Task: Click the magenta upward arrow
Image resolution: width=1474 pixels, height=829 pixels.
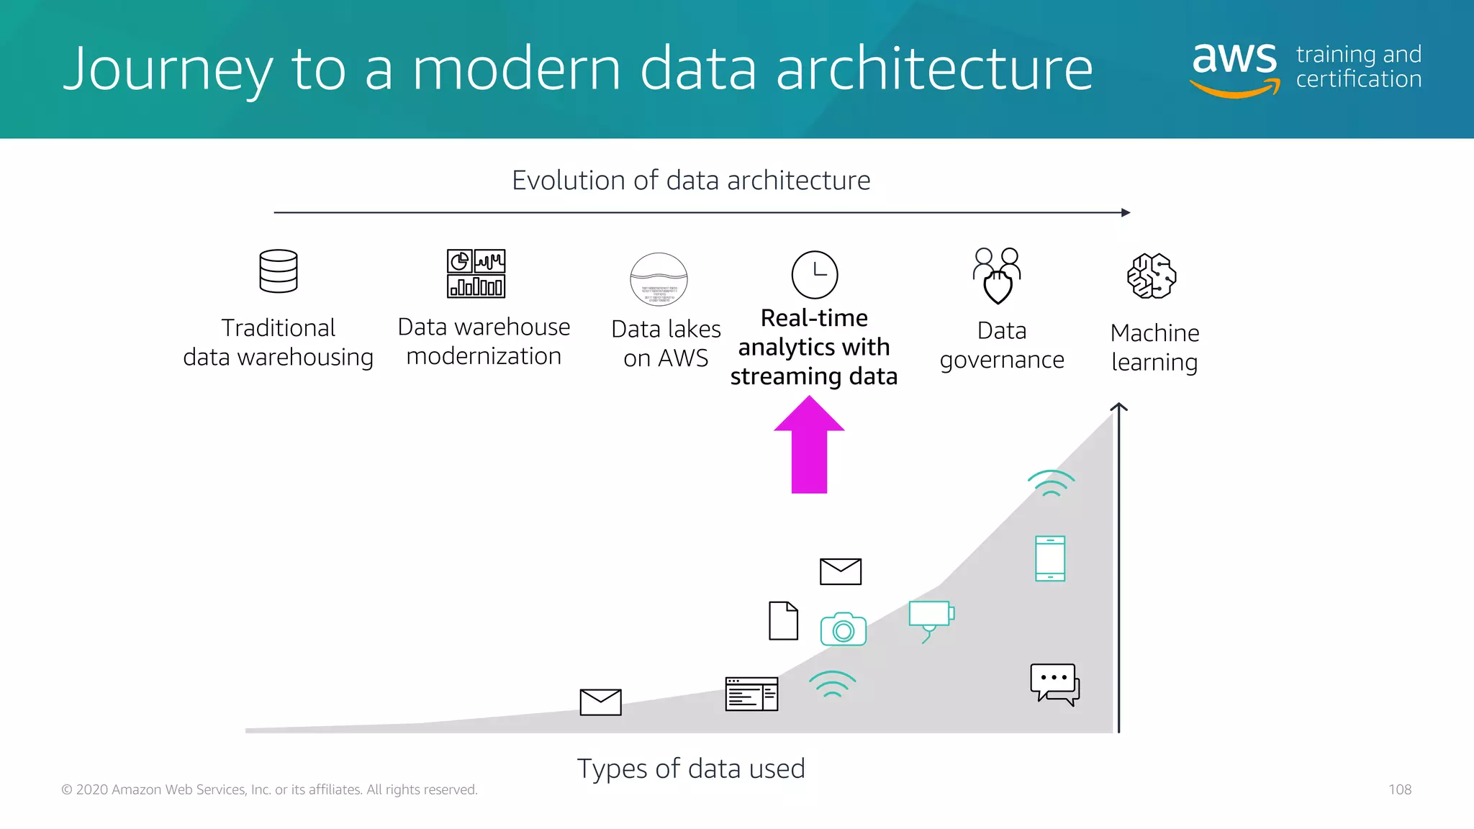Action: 809,446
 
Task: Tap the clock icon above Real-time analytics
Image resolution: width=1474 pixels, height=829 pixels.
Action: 815,275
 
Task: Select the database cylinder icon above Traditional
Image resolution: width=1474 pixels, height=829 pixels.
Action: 279,271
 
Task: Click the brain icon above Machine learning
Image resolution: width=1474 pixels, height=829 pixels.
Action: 1152,276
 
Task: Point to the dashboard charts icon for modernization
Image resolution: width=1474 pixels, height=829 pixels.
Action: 476,273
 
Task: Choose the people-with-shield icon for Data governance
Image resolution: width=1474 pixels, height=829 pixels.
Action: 998,276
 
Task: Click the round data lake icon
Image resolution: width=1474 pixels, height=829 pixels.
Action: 659,279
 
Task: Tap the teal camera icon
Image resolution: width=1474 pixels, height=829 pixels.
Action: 843,629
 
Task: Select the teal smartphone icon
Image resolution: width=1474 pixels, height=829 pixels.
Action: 1050,558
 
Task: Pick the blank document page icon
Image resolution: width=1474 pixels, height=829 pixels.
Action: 783,620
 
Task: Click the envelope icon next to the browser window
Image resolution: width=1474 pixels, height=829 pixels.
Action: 600,702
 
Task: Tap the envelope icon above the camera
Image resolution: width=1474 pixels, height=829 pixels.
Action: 841,571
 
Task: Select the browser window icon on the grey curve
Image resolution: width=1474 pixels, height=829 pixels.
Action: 751,694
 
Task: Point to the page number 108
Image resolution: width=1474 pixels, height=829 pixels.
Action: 1400,789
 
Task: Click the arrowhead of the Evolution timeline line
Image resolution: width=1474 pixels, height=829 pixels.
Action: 1126,212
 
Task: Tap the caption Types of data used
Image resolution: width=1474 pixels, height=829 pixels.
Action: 691,769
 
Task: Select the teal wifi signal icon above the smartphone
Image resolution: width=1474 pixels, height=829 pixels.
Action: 1051,483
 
